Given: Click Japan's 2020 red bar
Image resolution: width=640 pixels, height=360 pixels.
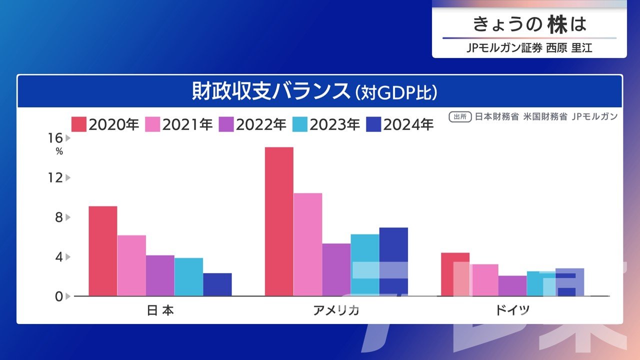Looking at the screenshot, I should pos(102,251).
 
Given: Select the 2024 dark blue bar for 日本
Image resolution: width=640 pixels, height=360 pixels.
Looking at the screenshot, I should pos(217,284).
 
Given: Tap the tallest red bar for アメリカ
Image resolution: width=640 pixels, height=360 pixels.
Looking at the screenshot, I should pos(279,221).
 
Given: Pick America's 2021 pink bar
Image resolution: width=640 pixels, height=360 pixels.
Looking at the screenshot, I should pos(307,244).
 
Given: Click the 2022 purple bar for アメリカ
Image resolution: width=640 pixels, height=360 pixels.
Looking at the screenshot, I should pos(336,269).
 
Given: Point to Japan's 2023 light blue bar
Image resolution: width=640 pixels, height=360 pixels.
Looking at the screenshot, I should pos(188,277).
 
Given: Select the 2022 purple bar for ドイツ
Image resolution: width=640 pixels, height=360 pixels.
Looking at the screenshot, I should pos(512,286).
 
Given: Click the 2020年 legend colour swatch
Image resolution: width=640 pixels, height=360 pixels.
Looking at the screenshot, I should pos(79,124).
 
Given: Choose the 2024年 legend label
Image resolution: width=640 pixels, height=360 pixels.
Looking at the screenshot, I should pos(408,124).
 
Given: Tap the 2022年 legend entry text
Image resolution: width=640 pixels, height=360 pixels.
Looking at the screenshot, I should pos(261,124).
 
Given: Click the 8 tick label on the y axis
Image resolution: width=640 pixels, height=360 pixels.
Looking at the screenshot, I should pos(59,217).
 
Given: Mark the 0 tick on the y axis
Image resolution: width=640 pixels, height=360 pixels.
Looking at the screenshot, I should pos(59,296).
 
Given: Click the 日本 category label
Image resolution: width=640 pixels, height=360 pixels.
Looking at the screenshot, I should pos(160,310).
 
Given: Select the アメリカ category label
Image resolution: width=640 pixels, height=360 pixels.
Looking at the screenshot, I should pos(336,310).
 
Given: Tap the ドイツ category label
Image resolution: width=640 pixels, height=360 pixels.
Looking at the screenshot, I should pos(512,310).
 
